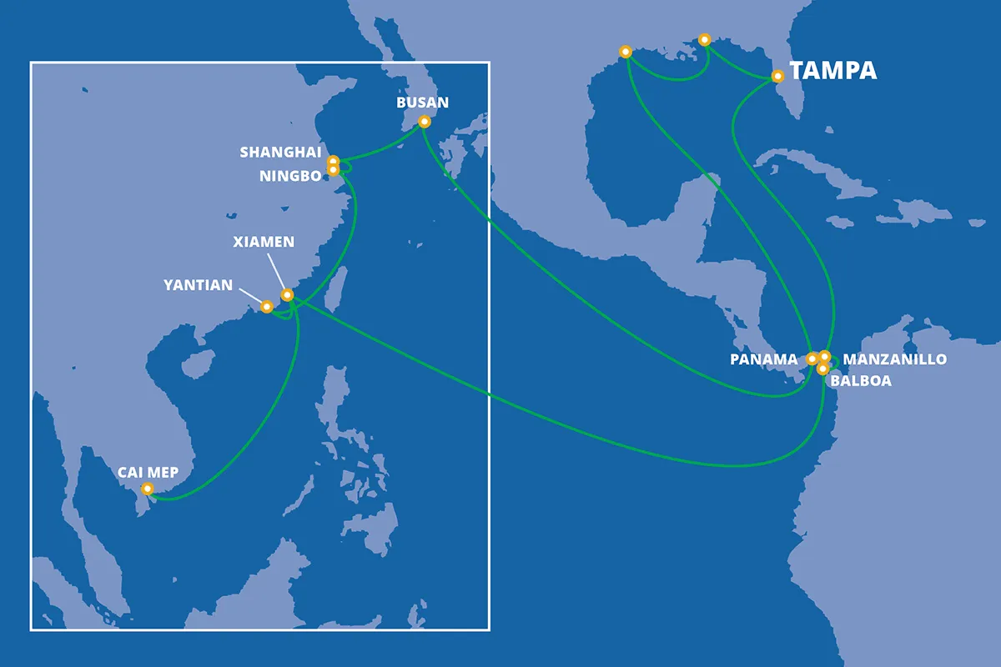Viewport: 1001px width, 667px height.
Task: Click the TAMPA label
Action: click(x=833, y=71)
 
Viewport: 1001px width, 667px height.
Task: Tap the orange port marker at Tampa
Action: click(x=777, y=76)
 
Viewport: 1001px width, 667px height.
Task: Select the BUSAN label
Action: click(x=422, y=103)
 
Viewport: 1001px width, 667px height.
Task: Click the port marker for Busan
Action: click(x=424, y=122)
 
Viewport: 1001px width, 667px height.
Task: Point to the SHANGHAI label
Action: click(x=280, y=152)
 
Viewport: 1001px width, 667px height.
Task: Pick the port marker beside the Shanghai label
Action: click(x=333, y=161)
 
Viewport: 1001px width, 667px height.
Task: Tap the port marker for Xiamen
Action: click(x=288, y=294)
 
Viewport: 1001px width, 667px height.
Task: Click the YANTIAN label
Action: click(x=199, y=285)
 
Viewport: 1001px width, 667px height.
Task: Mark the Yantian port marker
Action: click(x=267, y=307)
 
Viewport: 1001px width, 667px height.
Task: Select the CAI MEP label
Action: click(x=148, y=472)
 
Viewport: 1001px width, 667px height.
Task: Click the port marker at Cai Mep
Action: click(x=148, y=489)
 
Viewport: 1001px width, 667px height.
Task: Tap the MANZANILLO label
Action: click(x=895, y=359)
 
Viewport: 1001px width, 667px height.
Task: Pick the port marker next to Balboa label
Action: click(x=822, y=369)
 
